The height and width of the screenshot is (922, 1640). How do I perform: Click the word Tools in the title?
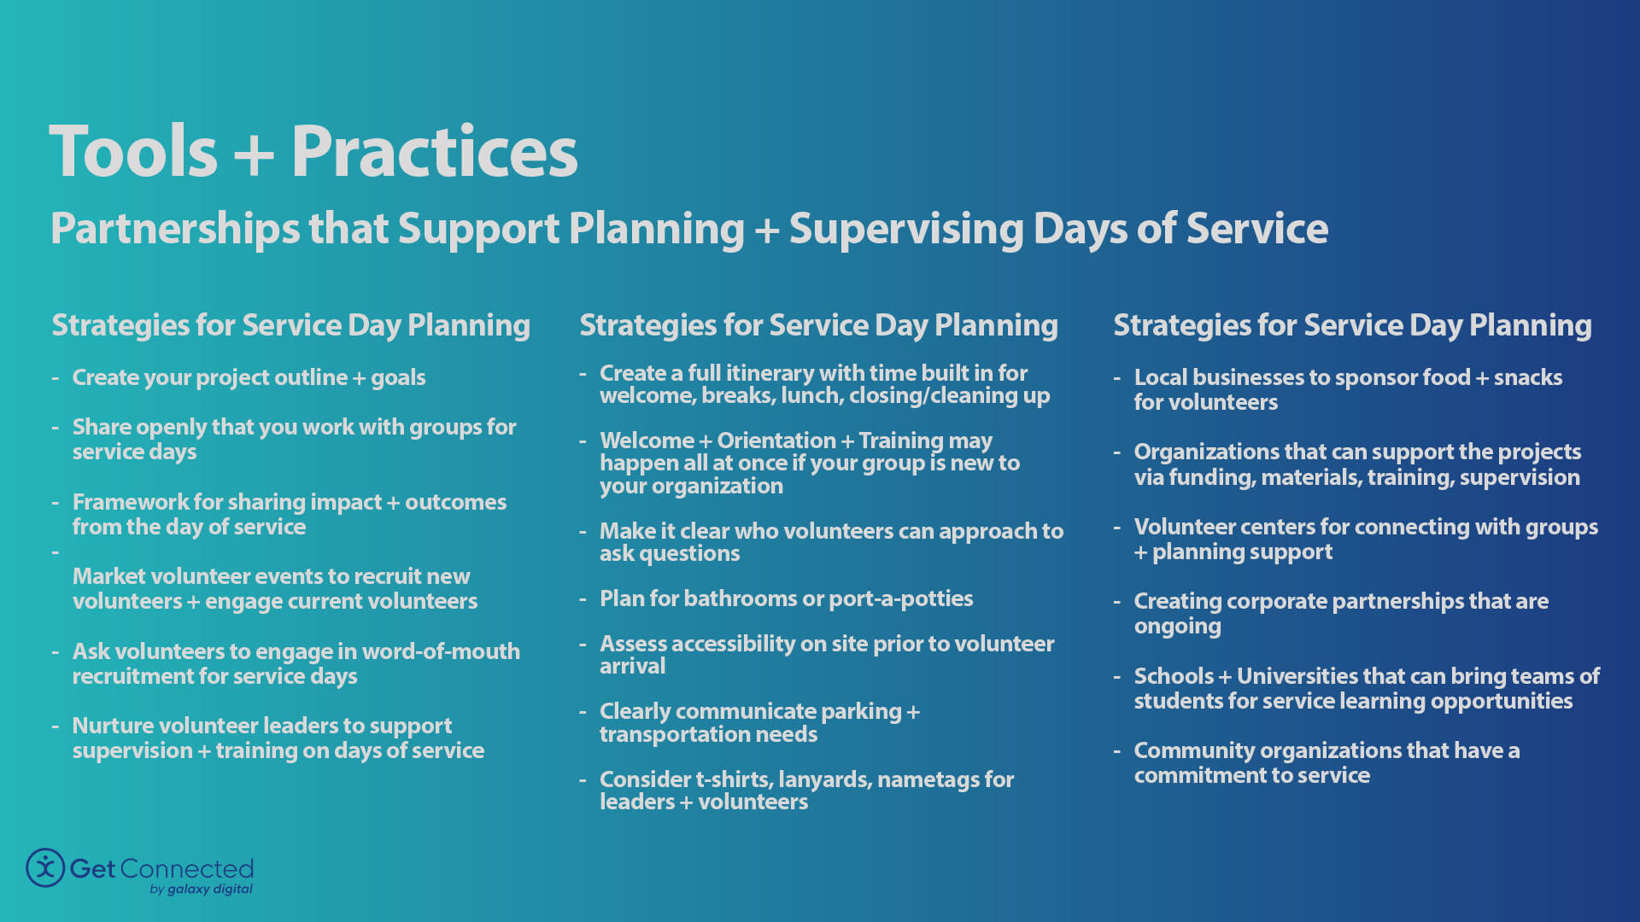(134, 152)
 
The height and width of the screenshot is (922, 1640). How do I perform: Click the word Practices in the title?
(434, 152)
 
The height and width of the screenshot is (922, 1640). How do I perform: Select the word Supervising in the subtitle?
(905, 229)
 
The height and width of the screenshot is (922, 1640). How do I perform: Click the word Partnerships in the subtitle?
(175, 229)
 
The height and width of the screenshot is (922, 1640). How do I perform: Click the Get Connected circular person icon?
(45, 867)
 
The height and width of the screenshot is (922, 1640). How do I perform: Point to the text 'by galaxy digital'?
(201, 889)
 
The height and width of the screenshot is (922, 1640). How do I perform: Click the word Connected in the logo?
(186, 868)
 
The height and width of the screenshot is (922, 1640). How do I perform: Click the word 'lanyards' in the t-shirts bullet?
(823, 779)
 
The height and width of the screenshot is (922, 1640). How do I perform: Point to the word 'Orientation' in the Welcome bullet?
(776, 441)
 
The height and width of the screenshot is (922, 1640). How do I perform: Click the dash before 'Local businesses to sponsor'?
(1116, 378)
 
